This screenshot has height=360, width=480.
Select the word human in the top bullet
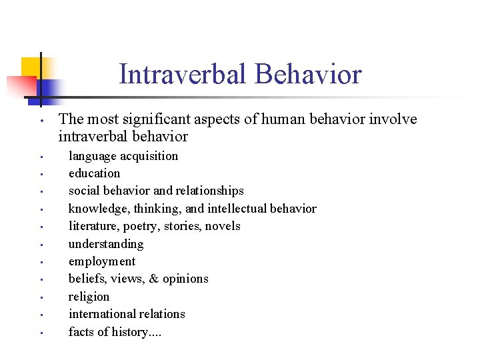(x=270, y=119)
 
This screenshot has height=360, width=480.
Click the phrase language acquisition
(x=123, y=156)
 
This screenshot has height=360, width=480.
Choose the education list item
(x=94, y=173)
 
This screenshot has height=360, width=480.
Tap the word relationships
(x=211, y=191)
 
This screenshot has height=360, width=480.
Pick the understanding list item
(x=106, y=244)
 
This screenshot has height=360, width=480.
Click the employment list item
(x=101, y=261)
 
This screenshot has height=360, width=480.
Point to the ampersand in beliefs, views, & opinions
(x=153, y=279)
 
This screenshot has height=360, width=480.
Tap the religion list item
(x=89, y=297)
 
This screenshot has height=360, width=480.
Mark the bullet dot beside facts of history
(x=41, y=333)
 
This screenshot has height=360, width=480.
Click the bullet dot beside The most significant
(x=41, y=121)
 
